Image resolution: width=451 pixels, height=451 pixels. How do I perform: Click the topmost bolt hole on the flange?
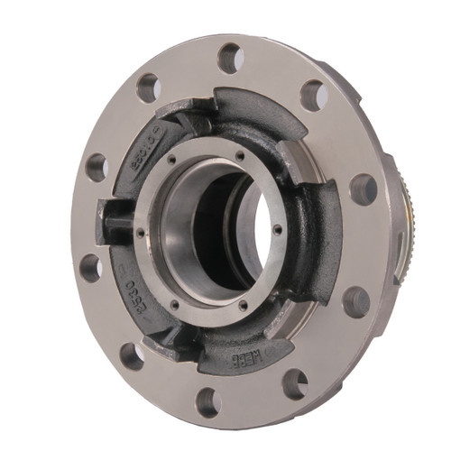pos(231,58)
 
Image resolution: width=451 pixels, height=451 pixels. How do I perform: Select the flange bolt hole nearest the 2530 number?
pos(90,267)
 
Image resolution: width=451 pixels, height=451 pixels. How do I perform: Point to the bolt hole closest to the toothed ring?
pos(363,189)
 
